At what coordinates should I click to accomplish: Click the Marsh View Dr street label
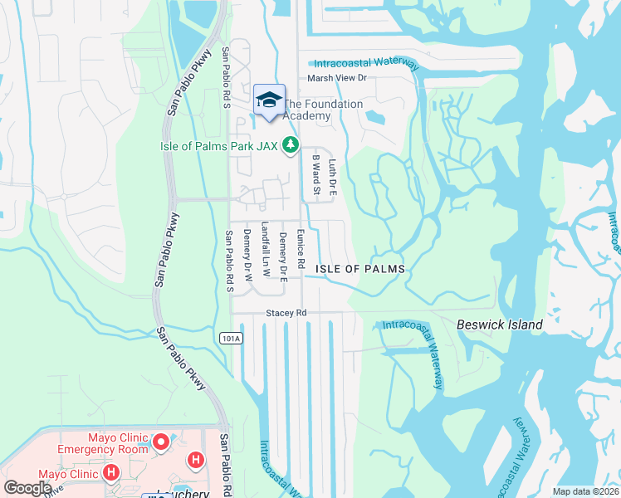[337, 78]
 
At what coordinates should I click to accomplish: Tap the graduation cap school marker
[269, 100]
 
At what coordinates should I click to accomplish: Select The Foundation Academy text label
[324, 110]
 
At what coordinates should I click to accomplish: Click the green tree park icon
[290, 146]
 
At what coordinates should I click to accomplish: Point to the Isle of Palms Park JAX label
[218, 146]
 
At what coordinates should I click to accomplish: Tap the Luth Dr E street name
[332, 177]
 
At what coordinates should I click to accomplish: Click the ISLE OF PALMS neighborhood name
[360, 269]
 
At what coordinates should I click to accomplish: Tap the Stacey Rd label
[286, 313]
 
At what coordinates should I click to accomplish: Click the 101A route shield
[231, 338]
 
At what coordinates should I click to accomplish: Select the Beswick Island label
[500, 325]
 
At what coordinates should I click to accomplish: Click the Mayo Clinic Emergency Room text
[102, 443]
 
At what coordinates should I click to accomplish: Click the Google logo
[27, 488]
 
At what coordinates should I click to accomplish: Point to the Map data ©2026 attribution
[586, 491]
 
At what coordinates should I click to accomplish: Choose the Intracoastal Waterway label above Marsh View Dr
[364, 63]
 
